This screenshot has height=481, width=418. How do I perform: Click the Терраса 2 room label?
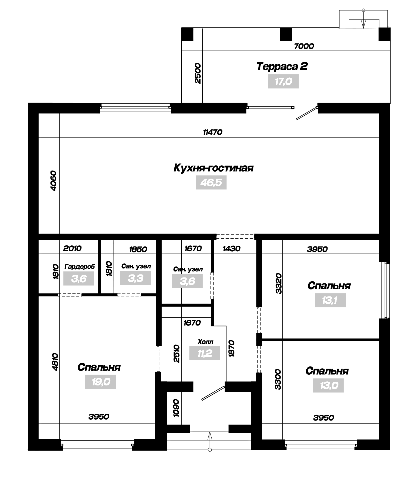click(x=282, y=67)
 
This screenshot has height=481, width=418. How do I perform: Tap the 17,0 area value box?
click(x=283, y=81)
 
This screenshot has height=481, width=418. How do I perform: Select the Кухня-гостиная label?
click(x=213, y=168)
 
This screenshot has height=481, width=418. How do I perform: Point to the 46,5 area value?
click(x=211, y=183)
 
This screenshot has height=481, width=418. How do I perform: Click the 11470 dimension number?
click(x=213, y=132)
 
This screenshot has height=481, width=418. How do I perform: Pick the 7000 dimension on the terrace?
click(x=304, y=46)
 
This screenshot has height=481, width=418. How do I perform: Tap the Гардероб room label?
click(x=80, y=267)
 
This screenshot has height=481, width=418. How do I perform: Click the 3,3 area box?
click(x=136, y=278)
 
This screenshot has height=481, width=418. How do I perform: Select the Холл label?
click(x=206, y=342)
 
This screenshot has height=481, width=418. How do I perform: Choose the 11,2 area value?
click(x=205, y=353)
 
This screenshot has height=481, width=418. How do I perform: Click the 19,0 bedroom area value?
click(x=100, y=382)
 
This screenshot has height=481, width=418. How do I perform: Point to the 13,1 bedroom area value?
click(x=330, y=300)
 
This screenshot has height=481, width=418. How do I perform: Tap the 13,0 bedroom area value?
click(x=328, y=385)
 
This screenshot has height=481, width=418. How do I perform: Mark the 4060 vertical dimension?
click(x=53, y=181)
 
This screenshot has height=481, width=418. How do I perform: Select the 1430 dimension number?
click(x=231, y=248)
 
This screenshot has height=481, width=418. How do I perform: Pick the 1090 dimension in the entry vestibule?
click(x=176, y=408)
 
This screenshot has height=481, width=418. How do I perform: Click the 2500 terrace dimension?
click(x=198, y=73)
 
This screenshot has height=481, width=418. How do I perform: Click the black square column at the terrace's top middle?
click(x=286, y=34)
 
